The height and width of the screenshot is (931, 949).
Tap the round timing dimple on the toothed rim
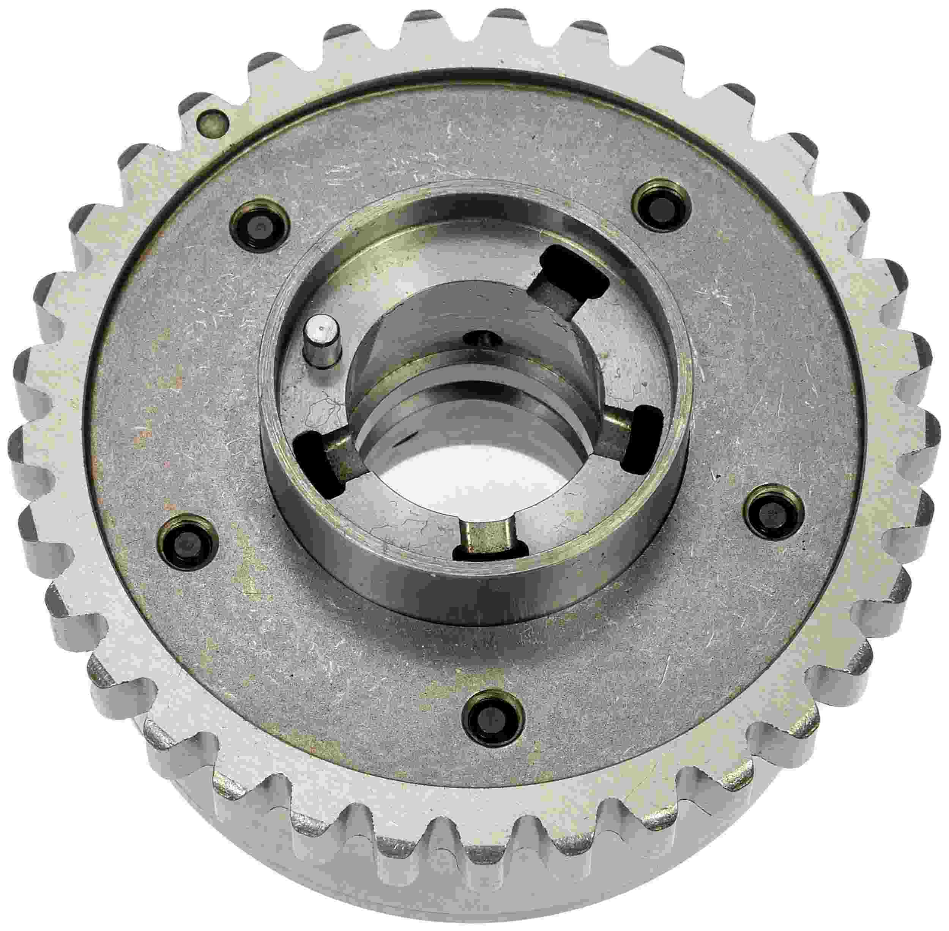point(211,120)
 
